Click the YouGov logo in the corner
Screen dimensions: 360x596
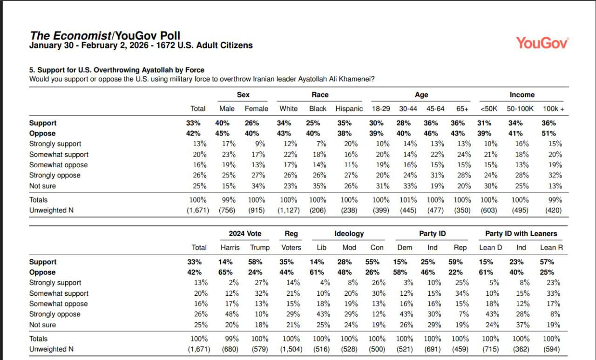pos(542,43)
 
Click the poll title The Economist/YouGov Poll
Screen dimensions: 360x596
pos(105,36)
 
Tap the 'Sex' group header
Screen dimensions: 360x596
pos(243,95)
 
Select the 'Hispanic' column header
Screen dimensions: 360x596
pos(349,109)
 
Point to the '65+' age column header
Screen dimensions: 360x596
pos(462,109)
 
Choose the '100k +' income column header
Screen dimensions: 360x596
pos(553,109)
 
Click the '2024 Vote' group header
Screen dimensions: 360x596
pos(245,233)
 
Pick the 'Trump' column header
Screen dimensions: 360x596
pos(259,247)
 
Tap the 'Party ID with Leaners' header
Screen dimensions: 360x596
pos(521,233)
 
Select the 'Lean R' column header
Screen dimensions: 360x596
pos(551,247)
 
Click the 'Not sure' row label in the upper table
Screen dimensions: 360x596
pos(42,186)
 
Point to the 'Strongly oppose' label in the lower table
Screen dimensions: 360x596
pos(54,314)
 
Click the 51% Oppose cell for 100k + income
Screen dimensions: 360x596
pos(555,133)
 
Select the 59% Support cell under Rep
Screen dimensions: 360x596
pos(460,262)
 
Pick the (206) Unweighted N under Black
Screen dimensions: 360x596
pos(318,210)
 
